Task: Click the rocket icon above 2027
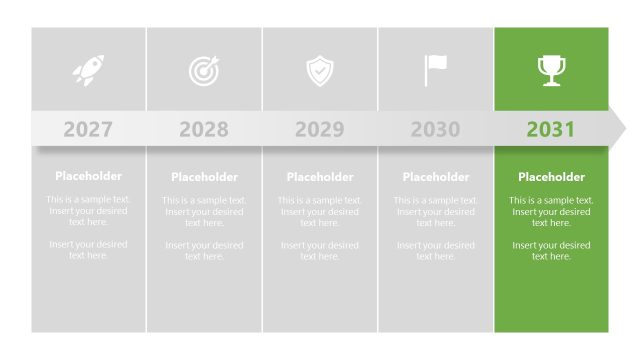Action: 88,70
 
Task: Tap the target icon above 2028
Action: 204,70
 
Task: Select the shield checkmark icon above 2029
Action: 320,70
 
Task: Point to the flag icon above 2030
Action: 435,70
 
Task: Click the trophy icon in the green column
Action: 551,70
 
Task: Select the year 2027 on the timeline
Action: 88,129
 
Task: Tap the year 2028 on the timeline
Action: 204,129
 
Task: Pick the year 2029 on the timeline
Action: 320,129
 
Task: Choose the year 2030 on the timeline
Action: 435,129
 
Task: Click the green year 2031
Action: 551,129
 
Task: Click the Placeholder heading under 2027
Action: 88,176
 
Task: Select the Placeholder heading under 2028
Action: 204,177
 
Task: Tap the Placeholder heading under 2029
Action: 320,177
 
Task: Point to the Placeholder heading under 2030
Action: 435,177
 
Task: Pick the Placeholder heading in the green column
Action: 551,177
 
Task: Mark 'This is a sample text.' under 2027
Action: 88,199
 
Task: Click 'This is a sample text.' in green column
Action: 551,200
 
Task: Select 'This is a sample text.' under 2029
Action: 320,200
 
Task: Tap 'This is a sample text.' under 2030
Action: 435,200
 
